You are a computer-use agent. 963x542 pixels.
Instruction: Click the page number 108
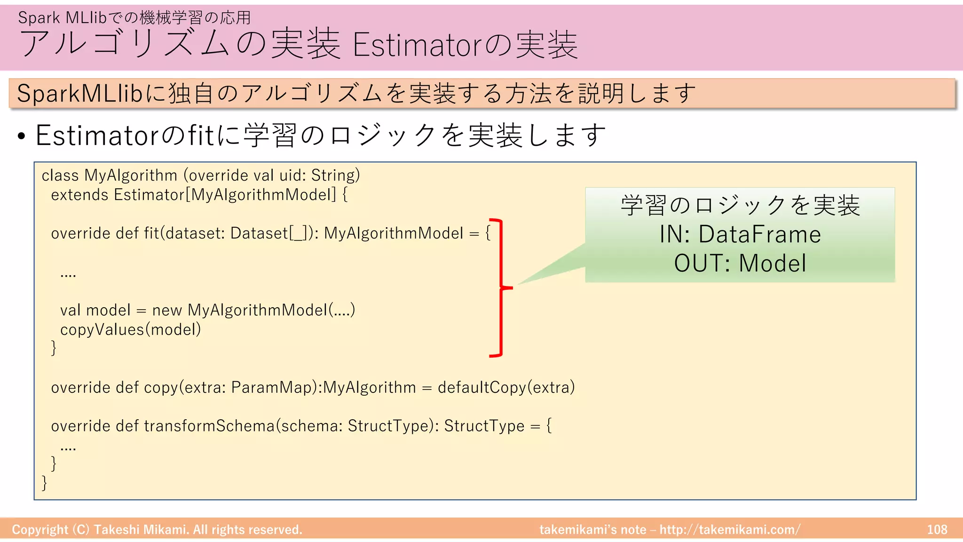tap(937, 530)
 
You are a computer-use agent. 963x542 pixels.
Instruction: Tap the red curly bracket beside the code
tap(501, 287)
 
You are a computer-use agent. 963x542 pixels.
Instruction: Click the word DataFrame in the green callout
tap(759, 234)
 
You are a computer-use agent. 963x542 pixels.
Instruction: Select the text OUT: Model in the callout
tap(740, 263)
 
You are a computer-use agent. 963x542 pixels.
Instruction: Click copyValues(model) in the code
tap(130, 329)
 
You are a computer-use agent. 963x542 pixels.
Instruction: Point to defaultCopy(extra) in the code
tap(506, 387)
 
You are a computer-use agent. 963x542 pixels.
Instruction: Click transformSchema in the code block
tap(209, 426)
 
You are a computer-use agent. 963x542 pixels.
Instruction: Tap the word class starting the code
tap(60, 175)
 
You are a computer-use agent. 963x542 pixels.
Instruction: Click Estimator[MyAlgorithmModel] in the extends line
tap(225, 195)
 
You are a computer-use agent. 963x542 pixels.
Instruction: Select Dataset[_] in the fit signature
tap(271, 233)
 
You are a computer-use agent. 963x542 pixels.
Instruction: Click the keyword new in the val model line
tap(166, 310)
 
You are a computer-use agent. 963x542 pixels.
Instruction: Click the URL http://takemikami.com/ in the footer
tap(729, 530)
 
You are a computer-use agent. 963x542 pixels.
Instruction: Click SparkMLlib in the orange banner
tap(79, 93)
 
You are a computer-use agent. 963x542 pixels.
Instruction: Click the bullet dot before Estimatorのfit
tap(21, 136)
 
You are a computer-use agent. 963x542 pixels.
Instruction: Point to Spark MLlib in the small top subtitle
tap(63, 18)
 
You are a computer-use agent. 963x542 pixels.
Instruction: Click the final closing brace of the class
tap(45, 483)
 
